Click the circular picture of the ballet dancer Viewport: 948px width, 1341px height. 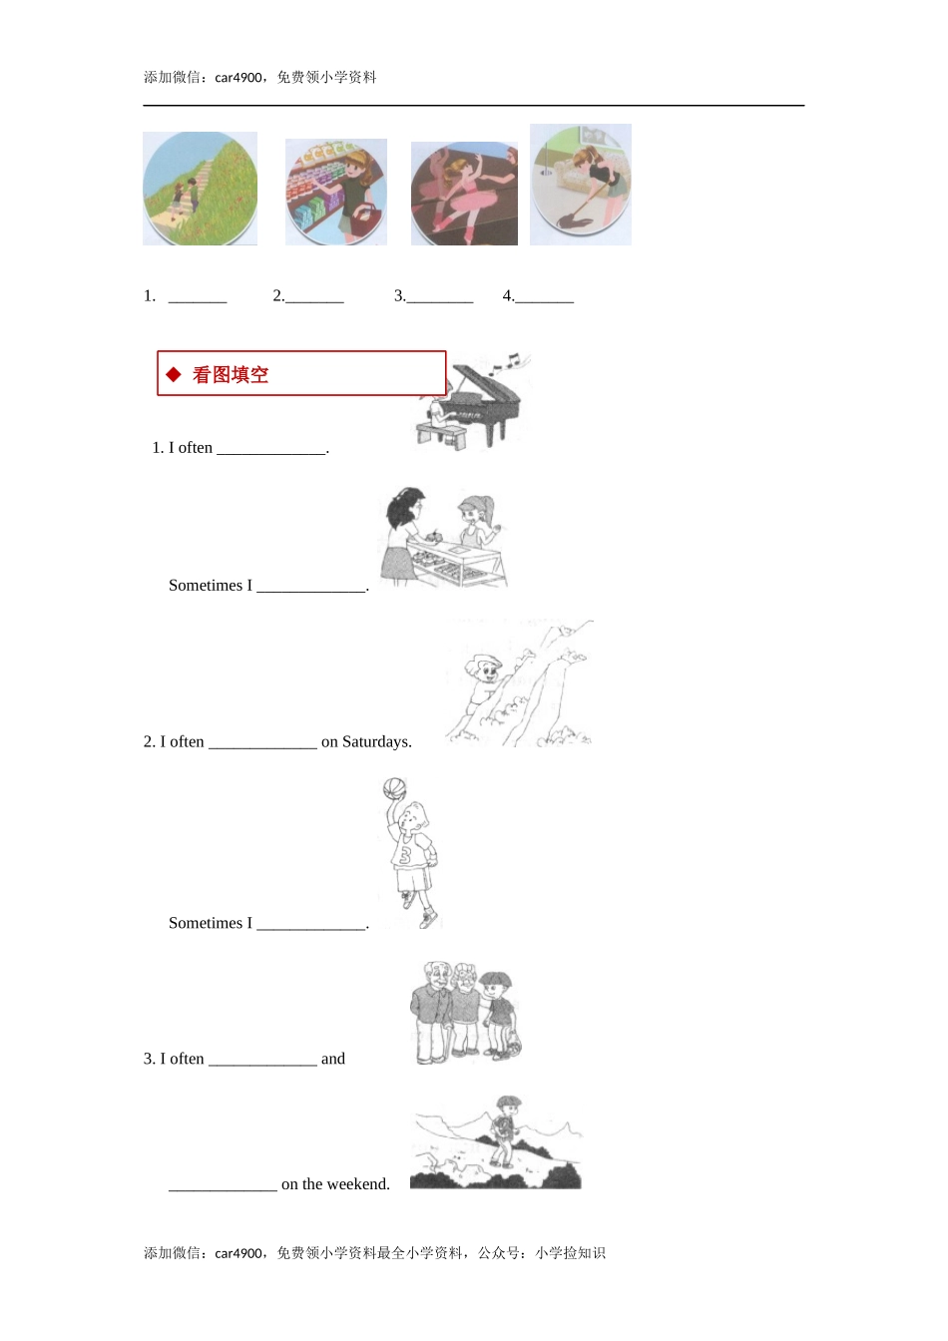pos(464,194)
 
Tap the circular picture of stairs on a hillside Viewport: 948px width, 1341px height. pos(200,189)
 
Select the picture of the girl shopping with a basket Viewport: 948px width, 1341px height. pos(336,192)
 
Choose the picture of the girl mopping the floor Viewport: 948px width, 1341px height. pos(581,185)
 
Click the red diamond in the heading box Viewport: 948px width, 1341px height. pos(174,374)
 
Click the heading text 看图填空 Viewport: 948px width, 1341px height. pos(231,375)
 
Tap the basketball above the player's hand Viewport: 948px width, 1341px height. pos(394,789)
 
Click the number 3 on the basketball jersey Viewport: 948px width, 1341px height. pos(405,855)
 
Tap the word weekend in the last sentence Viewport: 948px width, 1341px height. pos(359,1184)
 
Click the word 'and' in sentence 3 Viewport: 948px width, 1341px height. pos(333,1059)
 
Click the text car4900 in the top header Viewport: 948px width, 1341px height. pos(238,78)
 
